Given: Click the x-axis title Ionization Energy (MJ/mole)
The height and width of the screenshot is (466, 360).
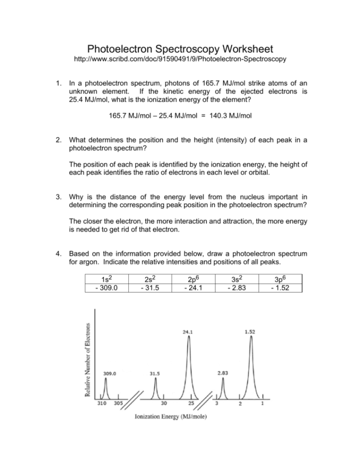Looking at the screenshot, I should pos(171,416).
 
